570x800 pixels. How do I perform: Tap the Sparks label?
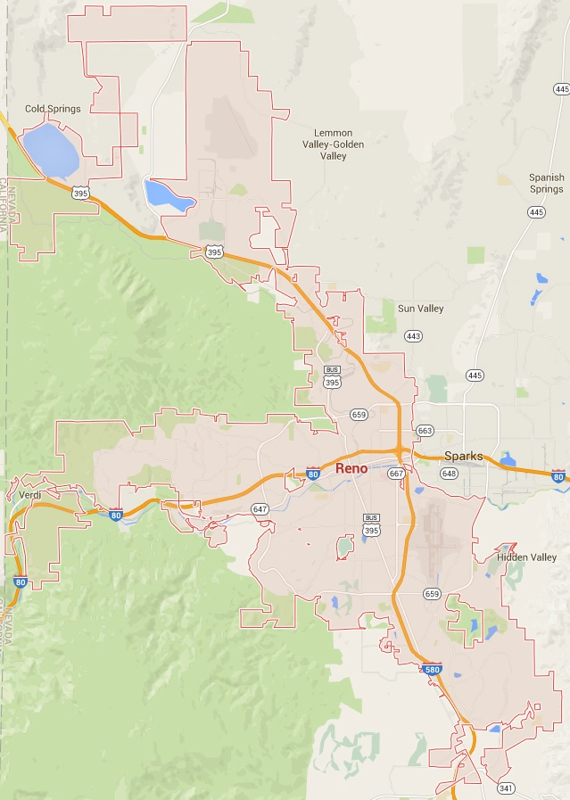(463, 456)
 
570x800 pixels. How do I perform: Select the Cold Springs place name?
(53, 109)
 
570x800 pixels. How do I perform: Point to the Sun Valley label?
(420, 309)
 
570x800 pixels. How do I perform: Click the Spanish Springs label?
(546, 183)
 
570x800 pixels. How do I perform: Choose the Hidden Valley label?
(526, 557)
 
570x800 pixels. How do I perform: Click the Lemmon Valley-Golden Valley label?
(334, 144)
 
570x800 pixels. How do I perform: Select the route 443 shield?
(413, 336)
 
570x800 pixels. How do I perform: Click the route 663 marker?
(425, 431)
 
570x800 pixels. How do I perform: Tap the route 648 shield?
(448, 474)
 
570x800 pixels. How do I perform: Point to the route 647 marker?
(260, 509)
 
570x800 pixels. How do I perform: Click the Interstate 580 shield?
(433, 669)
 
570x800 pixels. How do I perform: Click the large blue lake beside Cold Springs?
(51, 150)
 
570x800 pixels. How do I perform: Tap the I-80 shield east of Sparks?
(558, 477)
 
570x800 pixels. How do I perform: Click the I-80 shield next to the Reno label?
(312, 474)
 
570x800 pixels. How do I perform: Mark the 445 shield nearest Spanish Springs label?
(535, 212)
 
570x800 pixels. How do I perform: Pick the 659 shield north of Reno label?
(359, 415)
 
